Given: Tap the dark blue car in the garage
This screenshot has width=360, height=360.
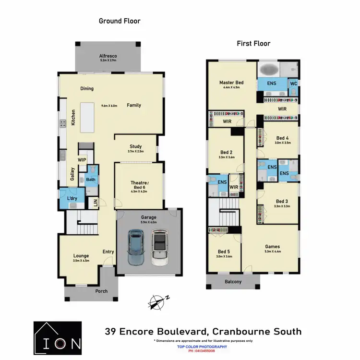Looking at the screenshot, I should click(x=136, y=248).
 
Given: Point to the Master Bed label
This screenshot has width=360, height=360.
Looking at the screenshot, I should click(x=231, y=83).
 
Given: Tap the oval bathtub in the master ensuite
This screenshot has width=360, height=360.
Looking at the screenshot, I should click(x=270, y=71).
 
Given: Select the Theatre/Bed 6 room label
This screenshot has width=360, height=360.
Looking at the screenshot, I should click(x=139, y=185).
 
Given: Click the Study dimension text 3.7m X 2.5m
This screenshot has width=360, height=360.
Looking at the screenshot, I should click(x=135, y=152).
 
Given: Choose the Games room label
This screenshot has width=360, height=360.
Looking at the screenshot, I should click(x=272, y=247).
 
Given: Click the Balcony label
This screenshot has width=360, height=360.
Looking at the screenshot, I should click(x=233, y=282).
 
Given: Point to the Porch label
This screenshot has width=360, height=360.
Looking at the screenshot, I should click(x=101, y=291).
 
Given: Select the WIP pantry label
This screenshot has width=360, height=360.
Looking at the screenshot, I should click(x=82, y=160).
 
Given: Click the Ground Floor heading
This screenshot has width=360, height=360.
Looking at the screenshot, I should click(x=120, y=21).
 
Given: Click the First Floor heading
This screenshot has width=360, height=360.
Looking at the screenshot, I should click(x=253, y=44).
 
